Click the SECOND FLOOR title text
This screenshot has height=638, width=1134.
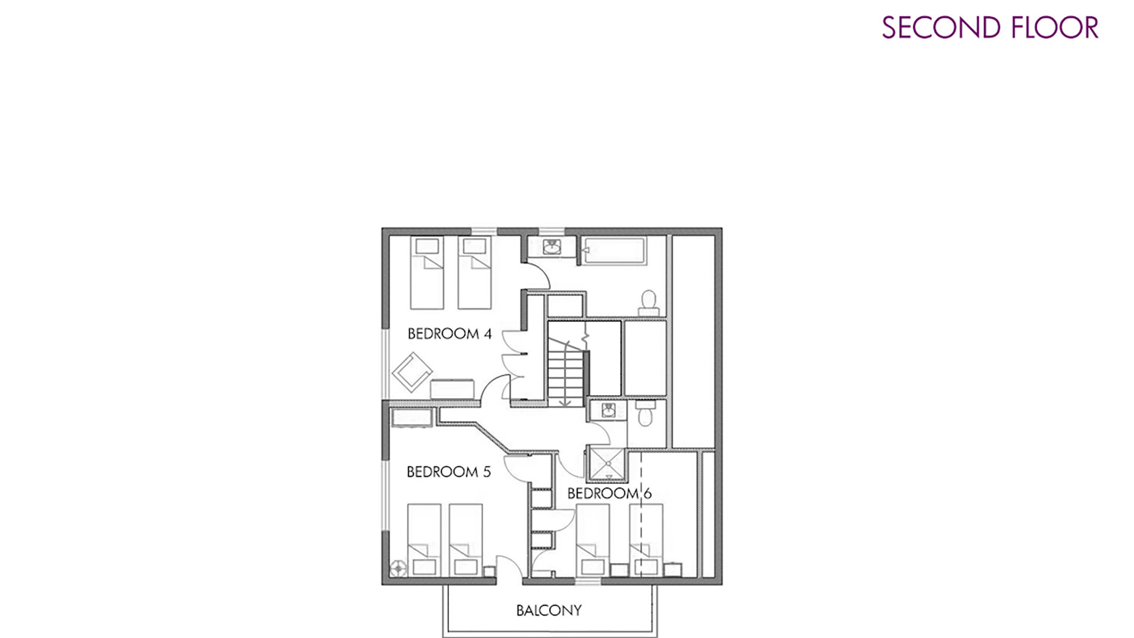tap(990, 28)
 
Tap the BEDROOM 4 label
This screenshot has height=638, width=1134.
tap(449, 334)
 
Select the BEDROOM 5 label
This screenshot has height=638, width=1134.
tap(448, 471)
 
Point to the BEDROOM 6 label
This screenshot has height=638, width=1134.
tap(609, 493)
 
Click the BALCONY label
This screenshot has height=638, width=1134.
tap(549, 610)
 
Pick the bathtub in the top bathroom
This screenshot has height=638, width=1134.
tap(614, 251)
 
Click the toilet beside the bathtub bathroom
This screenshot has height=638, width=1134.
tap(649, 302)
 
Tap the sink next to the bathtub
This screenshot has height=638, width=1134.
tap(551, 247)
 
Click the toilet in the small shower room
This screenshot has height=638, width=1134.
tap(646, 414)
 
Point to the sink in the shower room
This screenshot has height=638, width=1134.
tap(608, 411)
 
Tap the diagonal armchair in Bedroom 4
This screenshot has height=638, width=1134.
tap(412, 372)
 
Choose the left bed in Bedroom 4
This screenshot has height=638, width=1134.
tap(426, 273)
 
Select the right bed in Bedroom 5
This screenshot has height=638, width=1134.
tap(466, 540)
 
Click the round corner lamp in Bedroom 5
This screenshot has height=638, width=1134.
tap(399, 568)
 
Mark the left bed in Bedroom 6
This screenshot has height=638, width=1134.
tap(592, 540)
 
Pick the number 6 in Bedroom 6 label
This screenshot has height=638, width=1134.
tap(647, 493)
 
